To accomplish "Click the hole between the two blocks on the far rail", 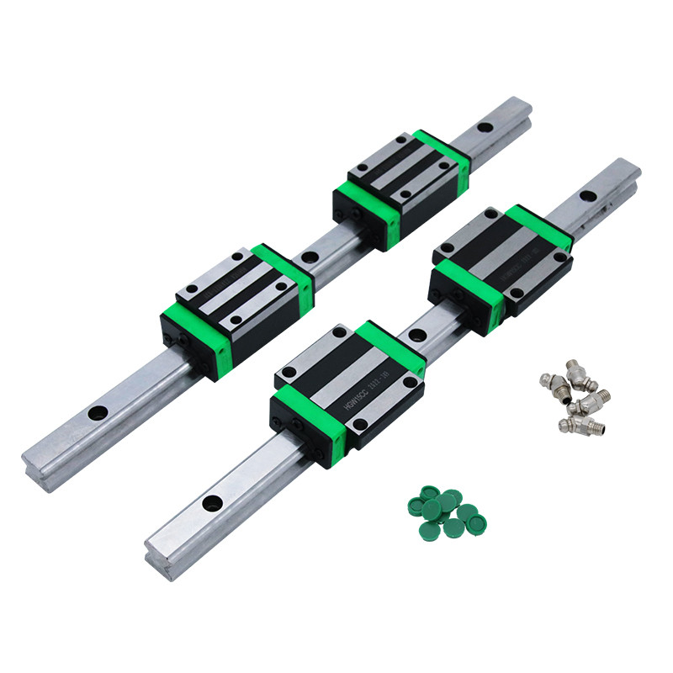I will coord(310,256).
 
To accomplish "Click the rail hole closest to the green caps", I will coord(214,503).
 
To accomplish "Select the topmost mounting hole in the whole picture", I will coord(485,129).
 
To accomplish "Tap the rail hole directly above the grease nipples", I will coord(588,197).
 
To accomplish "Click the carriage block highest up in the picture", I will coord(400,185).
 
